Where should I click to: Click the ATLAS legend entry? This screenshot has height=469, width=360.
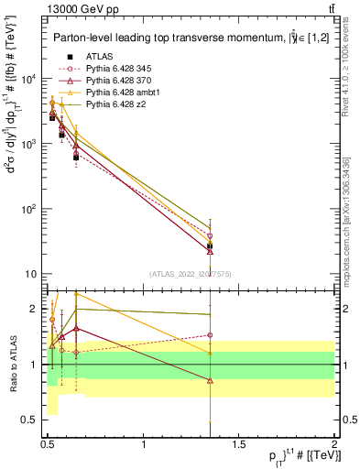98,56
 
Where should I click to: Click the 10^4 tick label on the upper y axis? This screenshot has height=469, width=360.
30,79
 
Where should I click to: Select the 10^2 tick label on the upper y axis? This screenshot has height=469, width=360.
30,209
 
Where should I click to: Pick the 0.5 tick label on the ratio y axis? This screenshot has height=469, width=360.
30,422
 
